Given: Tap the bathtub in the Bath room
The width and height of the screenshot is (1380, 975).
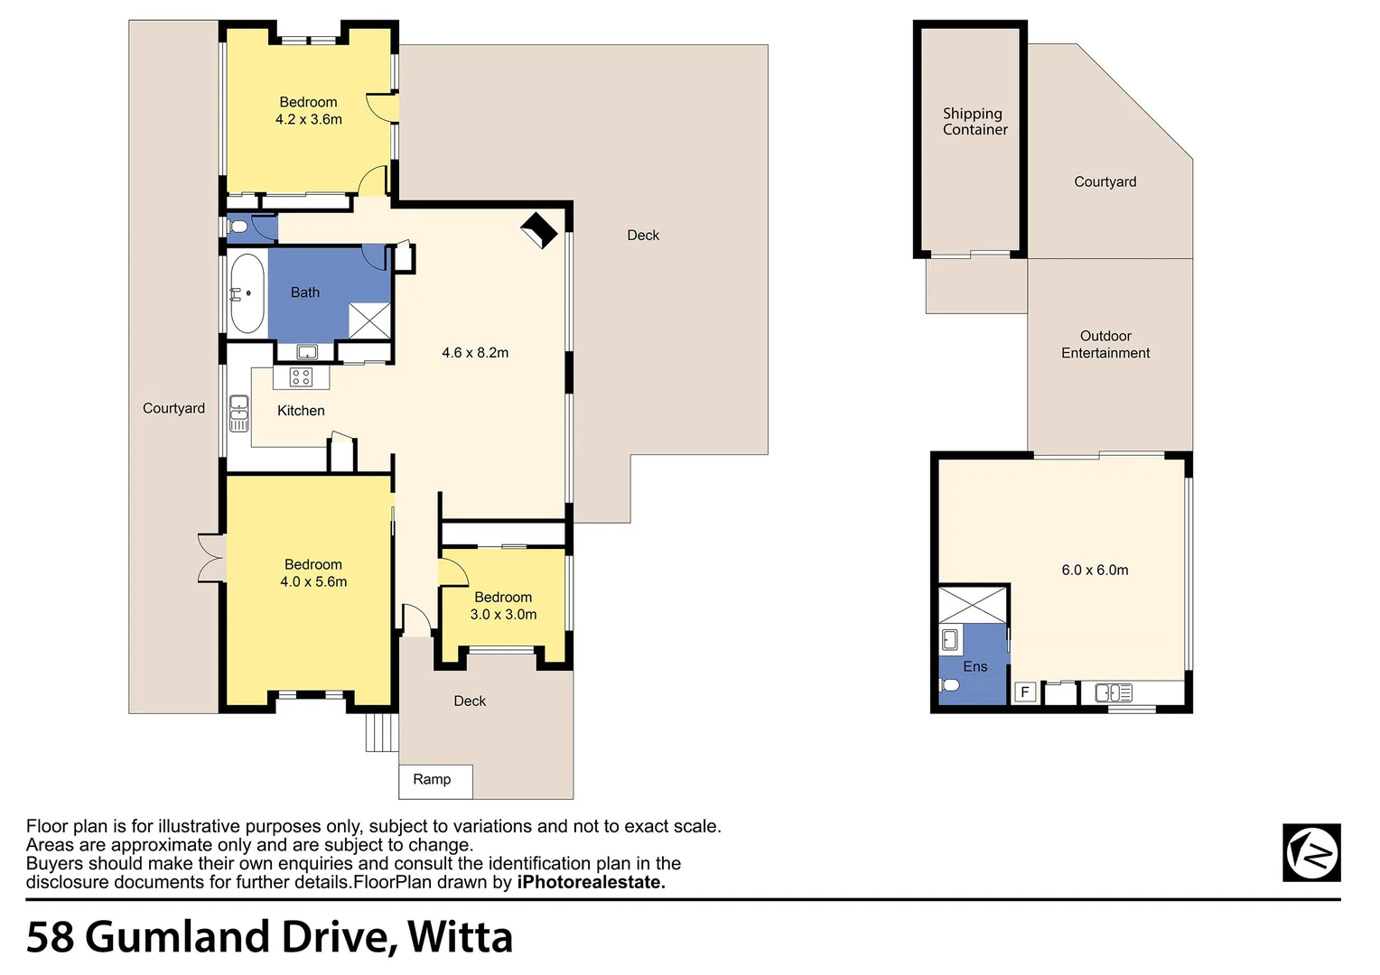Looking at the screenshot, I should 247,293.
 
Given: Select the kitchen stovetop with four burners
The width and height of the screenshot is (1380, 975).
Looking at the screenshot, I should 301,377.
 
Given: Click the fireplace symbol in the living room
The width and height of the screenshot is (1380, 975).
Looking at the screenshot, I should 539,230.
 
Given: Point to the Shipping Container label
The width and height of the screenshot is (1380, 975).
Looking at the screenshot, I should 974,122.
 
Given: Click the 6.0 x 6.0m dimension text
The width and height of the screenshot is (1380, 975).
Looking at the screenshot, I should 1095,571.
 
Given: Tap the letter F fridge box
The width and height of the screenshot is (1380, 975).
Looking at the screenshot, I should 1024,692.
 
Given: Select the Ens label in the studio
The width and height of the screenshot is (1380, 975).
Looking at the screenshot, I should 974,667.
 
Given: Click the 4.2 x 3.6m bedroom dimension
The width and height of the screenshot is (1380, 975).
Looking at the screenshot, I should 308,120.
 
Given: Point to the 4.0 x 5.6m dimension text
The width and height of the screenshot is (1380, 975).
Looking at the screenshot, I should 313,582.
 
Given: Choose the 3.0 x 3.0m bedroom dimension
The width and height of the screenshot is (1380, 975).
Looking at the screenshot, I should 503,615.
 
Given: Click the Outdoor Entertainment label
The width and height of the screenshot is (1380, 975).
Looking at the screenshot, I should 1105,345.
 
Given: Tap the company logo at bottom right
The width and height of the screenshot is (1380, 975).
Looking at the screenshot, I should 1311,852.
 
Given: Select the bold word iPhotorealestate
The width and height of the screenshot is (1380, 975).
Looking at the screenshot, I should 591,883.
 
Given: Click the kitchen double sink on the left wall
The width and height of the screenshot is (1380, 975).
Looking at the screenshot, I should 238,413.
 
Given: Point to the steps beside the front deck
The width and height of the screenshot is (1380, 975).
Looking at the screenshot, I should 381,732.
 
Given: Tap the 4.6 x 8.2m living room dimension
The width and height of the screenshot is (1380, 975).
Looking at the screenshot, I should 475,353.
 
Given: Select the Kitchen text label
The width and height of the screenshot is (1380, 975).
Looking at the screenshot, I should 301,411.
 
